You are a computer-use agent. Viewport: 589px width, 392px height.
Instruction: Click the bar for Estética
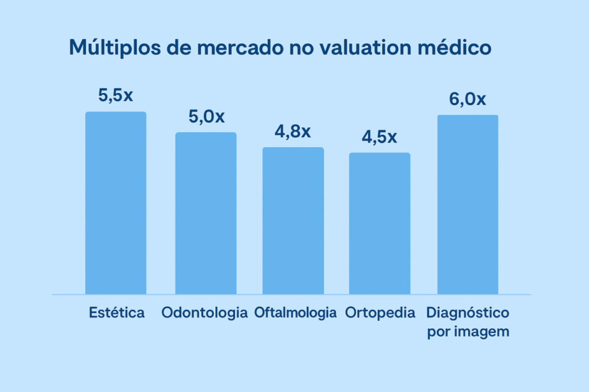pos(115,203)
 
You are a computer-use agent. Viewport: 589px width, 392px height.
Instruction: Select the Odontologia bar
pos(206,213)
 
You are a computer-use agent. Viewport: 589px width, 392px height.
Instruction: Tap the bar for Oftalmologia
pos(293,221)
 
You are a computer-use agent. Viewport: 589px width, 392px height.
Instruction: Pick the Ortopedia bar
pos(380,223)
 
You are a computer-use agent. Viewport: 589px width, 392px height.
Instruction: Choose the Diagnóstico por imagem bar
pos(467,205)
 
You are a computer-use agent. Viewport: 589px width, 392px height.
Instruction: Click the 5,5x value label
pos(115,96)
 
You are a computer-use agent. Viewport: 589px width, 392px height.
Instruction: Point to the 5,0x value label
pos(206,116)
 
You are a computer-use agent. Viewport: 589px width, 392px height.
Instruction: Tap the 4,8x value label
pos(293,131)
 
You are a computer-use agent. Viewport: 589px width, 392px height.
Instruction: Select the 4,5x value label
pos(379,137)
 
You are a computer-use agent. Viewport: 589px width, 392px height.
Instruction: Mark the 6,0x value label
pos(468,99)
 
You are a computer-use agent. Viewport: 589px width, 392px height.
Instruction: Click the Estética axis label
pos(117,313)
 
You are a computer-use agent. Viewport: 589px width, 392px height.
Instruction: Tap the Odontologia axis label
pos(206,313)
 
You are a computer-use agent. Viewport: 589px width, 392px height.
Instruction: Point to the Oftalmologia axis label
pos(296,313)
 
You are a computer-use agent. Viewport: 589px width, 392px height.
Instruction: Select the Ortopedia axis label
pos(380,313)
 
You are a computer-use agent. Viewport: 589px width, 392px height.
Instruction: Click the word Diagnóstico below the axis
pos(468,313)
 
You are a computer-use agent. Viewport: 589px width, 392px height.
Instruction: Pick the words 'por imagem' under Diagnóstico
pos(468,332)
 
